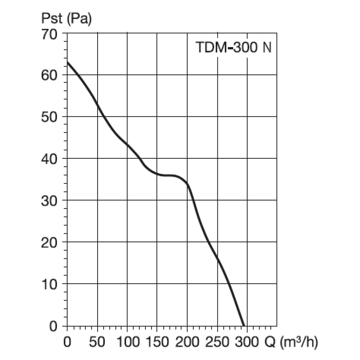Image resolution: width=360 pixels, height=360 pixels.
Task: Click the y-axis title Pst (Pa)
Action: pos(66,18)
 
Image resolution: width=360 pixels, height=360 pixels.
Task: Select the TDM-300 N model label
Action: pos(234,47)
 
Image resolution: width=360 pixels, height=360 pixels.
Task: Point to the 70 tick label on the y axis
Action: pos(49,35)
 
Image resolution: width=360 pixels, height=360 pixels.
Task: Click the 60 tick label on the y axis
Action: pos(49,76)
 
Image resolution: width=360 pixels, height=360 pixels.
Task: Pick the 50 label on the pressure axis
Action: pos(49,117)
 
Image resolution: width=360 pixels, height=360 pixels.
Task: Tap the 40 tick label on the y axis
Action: pos(49,159)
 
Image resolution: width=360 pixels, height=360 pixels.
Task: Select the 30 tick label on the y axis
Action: pos(49,201)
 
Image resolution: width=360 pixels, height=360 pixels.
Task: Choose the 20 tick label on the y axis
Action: pos(49,243)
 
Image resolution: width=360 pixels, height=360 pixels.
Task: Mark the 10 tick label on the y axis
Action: pos(49,284)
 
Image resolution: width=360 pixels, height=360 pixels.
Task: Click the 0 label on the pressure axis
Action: pos(53,326)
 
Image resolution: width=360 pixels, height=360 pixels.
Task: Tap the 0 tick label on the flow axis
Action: pos(67,342)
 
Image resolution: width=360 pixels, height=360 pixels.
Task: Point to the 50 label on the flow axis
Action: pos(97,342)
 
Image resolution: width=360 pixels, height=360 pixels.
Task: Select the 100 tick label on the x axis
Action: pos(128,342)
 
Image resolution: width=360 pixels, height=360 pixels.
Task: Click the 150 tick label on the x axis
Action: pos(158,342)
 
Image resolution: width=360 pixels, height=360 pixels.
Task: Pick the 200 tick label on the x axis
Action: pos(187,342)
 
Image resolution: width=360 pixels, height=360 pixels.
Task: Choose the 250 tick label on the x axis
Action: pos(217,342)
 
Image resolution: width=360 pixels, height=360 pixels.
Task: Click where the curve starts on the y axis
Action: pos(67,62)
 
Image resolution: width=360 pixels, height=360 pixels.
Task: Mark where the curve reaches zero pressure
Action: pos(244,325)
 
